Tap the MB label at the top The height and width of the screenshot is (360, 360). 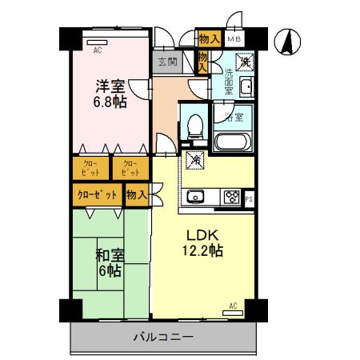click(234, 39)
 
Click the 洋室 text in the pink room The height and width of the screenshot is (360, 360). click(110, 86)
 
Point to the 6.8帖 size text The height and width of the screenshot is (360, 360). click(111, 102)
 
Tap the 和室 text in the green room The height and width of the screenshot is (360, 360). click(109, 256)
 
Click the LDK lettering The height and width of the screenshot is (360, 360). click(203, 236)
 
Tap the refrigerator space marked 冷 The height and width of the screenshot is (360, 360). click(194, 161)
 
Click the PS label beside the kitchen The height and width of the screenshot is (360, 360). click(250, 198)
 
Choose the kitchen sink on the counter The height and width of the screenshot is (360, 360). click(197, 197)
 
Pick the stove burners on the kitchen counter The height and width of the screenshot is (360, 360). click(233, 196)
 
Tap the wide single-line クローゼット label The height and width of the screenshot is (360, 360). click(97, 194)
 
